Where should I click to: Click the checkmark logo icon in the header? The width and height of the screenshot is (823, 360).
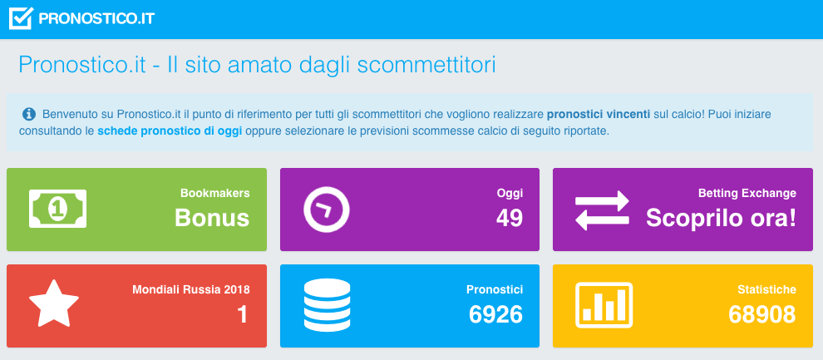[21, 18]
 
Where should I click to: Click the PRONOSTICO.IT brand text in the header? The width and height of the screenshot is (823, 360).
[96, 19]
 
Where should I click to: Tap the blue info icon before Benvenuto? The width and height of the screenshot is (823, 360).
[29, 114]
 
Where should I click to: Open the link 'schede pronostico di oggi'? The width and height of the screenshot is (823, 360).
[170, 131]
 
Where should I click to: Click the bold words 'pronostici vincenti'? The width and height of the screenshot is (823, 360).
[599, 114]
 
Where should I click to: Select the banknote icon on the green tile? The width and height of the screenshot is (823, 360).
[57, 209]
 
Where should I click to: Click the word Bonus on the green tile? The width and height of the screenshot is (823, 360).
[212, 218]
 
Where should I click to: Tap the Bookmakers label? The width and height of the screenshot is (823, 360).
[215, 193]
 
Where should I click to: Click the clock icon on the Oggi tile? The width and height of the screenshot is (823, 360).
[327, 210]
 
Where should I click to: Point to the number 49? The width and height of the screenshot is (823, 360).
[510, 218]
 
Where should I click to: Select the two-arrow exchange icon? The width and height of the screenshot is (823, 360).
[602, 210]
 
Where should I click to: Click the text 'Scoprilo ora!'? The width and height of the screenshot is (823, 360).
[722, 218]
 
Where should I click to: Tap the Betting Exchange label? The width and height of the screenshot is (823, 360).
[747, 193]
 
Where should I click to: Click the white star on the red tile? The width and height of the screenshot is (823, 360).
[54, 304]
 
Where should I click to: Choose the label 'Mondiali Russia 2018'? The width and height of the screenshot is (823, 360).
[191, 289]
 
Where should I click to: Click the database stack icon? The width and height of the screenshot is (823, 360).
[327, 304]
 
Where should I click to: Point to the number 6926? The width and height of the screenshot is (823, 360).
[496, 314]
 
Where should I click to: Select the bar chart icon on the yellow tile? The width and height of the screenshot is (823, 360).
[604, 305]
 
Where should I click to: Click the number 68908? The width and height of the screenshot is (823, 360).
[762, 314]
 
